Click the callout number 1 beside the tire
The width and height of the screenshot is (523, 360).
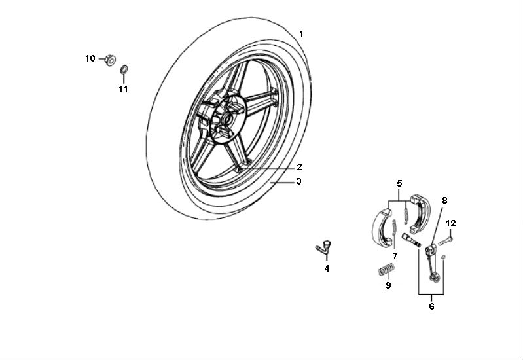tap(301, 35)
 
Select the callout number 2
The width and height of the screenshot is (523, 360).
tap(299, 167)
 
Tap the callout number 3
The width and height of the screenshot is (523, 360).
tap(299, 181)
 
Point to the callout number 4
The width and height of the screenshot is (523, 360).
tap(327, 268)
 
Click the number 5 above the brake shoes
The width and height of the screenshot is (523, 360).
tap(399, 183)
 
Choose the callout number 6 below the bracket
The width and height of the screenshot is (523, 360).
tap(431, 306)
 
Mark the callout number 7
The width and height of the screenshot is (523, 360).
tap(395, 256)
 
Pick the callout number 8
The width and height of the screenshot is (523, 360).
tap(444, 200)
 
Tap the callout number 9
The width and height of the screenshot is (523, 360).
tap(388, 285)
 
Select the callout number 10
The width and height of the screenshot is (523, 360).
tap(90, 58)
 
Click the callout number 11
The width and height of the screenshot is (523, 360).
tap(124, 89)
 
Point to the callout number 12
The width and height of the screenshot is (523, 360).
tap(451, 223)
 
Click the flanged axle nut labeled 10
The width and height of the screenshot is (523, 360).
tap(110, 60)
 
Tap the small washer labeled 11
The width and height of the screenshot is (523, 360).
tap(124, 70)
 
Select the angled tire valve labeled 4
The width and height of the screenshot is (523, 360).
tap(323, 247)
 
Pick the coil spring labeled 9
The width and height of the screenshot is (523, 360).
tap(387, 270)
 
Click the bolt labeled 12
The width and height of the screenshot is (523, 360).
tap(444, 241)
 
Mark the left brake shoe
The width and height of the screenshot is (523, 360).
tap(382, 227)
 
